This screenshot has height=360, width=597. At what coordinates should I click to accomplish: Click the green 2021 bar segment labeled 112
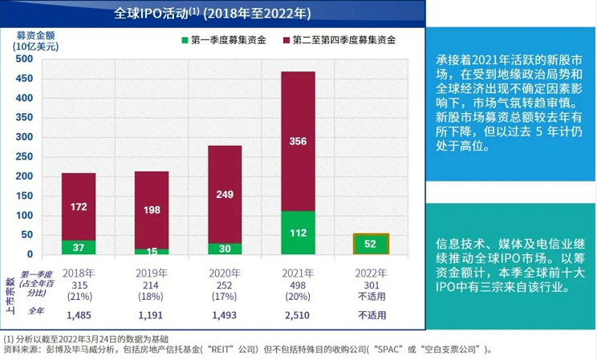[x=298, y=233]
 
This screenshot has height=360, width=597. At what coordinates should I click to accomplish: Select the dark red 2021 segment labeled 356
[x=298, y=141]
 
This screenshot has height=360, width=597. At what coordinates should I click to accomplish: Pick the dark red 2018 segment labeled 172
[x=79, y=207]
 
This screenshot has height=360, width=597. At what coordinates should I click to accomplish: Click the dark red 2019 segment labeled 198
[x=152, y=209]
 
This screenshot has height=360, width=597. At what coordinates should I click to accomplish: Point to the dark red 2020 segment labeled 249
[x=225, y=194]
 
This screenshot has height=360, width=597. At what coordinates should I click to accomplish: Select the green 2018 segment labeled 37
[x=79, y=248]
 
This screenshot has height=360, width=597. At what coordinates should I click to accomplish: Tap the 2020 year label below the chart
[x=225, y=273]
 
